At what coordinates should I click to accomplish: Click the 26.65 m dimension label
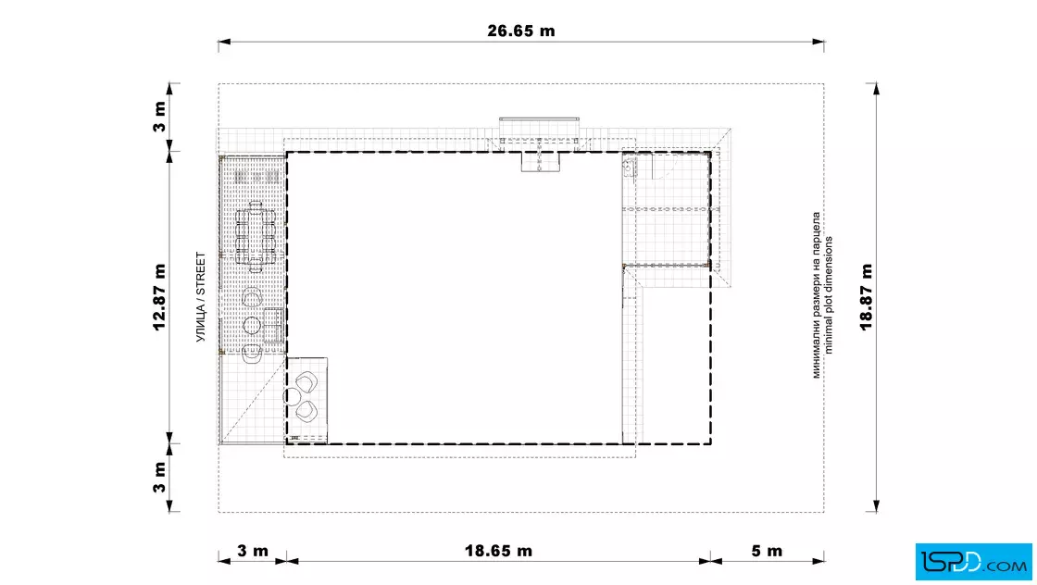click(521, 31)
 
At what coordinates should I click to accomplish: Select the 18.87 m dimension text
click(867, 297)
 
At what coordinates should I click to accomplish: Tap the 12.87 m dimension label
click(159, 297)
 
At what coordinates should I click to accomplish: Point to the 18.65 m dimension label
click(498, 551)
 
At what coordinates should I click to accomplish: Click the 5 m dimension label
click(767, 551)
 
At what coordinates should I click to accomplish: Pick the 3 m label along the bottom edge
click(253, 551)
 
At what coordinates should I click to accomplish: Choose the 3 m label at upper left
click(159, 117)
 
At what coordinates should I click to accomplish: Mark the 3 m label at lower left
click(159, 477)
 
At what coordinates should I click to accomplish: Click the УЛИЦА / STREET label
click(200, 297)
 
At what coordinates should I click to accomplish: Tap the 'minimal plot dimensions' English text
click(829, 294)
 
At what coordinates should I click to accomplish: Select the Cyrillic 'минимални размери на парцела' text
click(816, 294)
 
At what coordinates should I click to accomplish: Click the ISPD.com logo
click(973, 562)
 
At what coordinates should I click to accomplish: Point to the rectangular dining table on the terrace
click(256, 237)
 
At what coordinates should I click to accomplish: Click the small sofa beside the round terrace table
click(274, 325)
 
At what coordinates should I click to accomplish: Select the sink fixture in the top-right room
click(630, 168)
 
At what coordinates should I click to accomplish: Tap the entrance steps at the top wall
click(540, 161)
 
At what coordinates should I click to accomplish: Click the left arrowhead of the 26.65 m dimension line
click(224, 42)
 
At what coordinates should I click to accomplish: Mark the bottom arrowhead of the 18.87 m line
click(876, 506)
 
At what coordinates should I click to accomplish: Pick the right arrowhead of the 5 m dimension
click(818, 561)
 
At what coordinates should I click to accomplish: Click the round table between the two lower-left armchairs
click(292, 396)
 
